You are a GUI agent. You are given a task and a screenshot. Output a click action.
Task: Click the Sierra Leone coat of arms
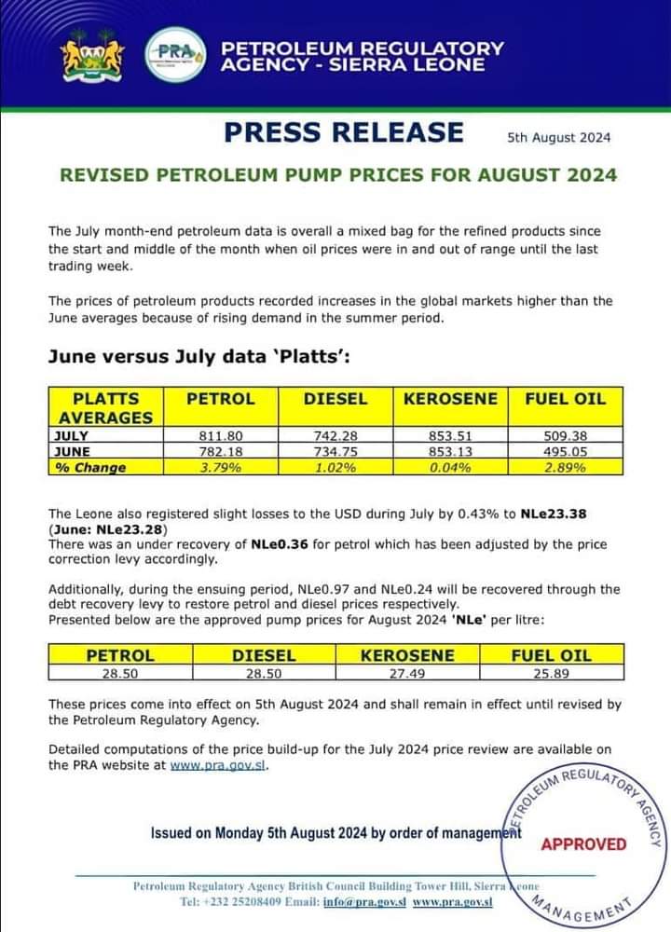[x=91, y=55]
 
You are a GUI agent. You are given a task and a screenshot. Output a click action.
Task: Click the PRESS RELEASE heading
[x=343, y=132]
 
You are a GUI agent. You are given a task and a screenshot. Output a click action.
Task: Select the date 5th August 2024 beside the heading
[x=559, y=137]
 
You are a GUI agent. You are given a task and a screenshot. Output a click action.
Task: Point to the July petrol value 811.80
[x=220, y=434]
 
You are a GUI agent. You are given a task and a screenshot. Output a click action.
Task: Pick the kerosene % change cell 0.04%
[x=451, y=468]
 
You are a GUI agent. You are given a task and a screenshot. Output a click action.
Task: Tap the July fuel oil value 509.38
[x=565, y=434]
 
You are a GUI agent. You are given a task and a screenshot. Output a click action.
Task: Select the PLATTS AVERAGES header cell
[x=105, y=407]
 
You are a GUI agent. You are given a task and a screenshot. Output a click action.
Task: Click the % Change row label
[x=89, y=468]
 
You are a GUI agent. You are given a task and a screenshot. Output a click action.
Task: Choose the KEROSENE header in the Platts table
[x=451, y=399]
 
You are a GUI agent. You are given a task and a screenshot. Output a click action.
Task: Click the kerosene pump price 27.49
[x=407, y=673]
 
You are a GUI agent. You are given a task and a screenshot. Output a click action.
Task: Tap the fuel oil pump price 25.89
[x=551, y=673]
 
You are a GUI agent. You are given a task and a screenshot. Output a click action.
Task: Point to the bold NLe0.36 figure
[x=279, y=543]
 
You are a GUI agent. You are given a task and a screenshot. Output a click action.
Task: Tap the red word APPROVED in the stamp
[x=584, y=844]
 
